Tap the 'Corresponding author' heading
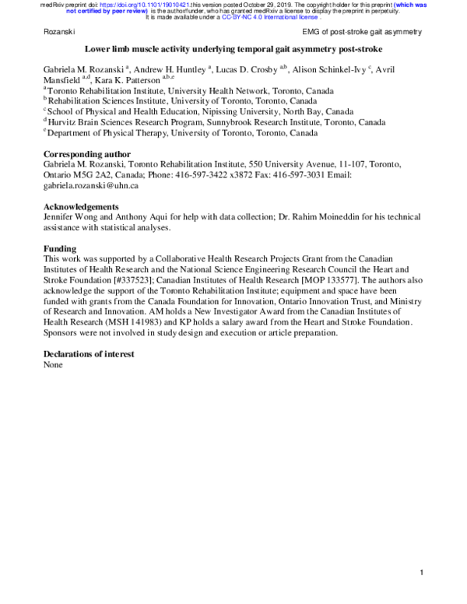click(x=87, y=153)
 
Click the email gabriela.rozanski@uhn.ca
click(x=91, y=186)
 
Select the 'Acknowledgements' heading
click(x=81, y=206)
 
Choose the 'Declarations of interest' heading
click(x=90, y=354)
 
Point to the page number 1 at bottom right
click(x=420, y=574)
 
